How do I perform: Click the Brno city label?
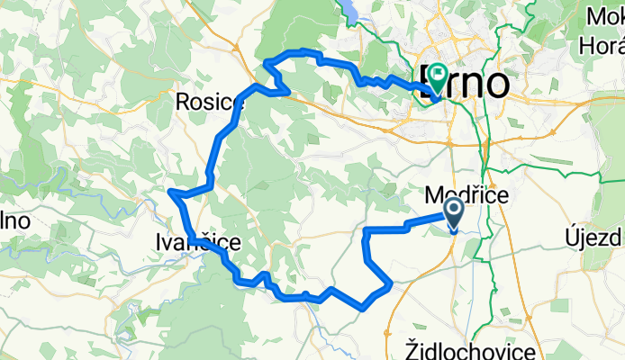click(463, 82)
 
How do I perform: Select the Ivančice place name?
click(197, 242)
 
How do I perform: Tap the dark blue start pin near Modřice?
click(452, 214)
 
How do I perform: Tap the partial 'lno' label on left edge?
click(16, 219)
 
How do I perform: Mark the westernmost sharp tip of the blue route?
click(170, 192)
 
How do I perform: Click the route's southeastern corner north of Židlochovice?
click(391, 285)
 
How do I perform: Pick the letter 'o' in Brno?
click(498, 82)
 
